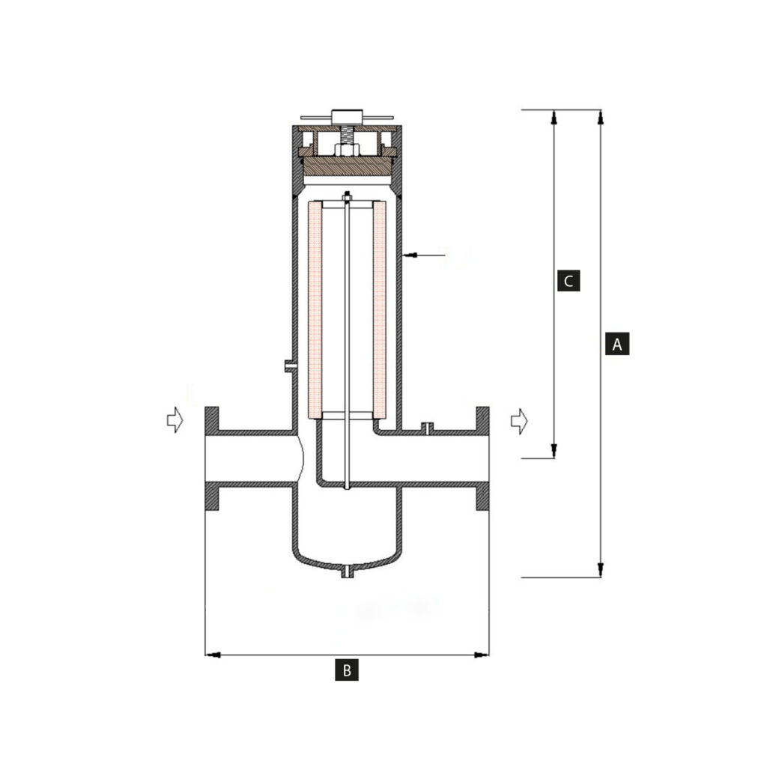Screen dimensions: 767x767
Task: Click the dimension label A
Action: click(616, 343)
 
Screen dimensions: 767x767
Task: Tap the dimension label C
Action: click(569, 281)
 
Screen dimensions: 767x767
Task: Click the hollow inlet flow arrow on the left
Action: click(175, 420)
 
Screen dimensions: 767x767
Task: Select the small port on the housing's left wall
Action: click(289, 366)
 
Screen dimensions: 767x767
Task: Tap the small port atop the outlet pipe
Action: click(427, 428)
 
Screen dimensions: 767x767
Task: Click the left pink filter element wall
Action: click(315, 309)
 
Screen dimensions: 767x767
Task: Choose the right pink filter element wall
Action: click(380, 309)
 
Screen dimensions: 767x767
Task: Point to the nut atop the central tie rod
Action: click(346, 197)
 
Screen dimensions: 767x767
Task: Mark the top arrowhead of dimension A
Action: click(600, 117)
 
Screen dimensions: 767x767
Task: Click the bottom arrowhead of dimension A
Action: click(600, 571)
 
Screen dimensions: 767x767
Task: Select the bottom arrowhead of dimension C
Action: click(554, 450)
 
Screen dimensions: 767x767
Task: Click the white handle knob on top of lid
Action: click(346, 117)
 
